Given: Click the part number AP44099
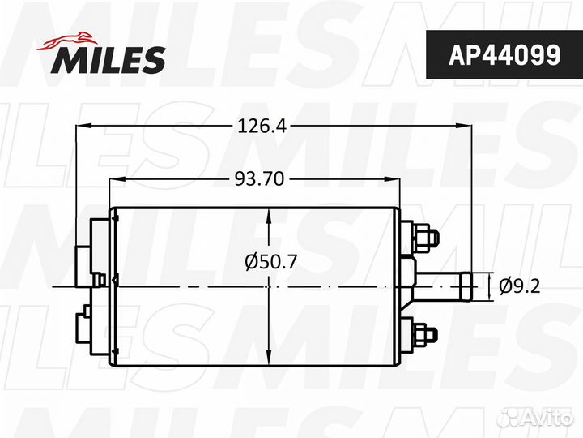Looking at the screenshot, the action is point(504,55).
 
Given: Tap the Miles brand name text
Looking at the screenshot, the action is point(109,60).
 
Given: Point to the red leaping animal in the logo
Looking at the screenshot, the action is point(67,41).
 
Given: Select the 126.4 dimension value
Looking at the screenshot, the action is point(262,127).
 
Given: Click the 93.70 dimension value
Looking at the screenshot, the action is point(259,179).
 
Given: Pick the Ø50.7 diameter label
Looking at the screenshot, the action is point(270,262).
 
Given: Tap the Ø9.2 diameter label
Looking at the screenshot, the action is point(519,286).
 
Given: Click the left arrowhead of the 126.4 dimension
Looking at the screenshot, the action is point(83,126).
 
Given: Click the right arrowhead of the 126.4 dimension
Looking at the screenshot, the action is point(464,126).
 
